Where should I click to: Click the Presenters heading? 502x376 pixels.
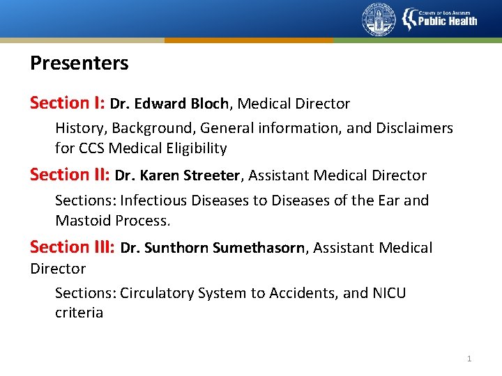coord(79,63)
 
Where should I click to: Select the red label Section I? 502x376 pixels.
coord(67,103)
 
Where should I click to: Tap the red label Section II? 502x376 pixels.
coord(70,175)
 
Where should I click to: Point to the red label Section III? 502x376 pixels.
coord(73,247)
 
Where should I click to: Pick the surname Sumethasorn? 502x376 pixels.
coord(259,248)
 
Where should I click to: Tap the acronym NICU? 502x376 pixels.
coord(386,293)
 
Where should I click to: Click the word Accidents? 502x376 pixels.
coord(305,293)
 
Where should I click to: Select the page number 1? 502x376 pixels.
coord(469,359)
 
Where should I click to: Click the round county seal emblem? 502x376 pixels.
coord(379,19)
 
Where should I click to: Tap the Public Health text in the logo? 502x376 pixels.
coord(448,21)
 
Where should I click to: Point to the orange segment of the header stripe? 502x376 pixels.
coord(249,40)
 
